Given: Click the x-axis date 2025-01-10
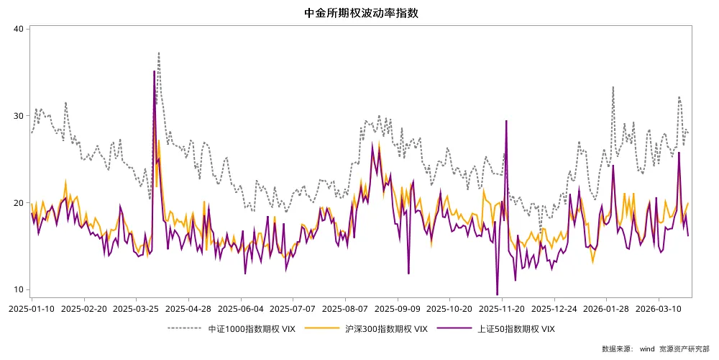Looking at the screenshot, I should [x=32, y=308].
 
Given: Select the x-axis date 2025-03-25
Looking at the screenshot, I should [x=136, y=308].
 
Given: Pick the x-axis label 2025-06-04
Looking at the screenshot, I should [x=241, y=308].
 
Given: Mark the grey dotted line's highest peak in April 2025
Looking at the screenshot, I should [x=158, y=52].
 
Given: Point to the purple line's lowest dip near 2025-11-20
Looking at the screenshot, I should [x=497, y=294].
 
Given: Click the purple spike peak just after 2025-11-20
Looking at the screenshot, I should [x=507, y=121].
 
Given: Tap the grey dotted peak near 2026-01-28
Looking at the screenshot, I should [x=613, y=87].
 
